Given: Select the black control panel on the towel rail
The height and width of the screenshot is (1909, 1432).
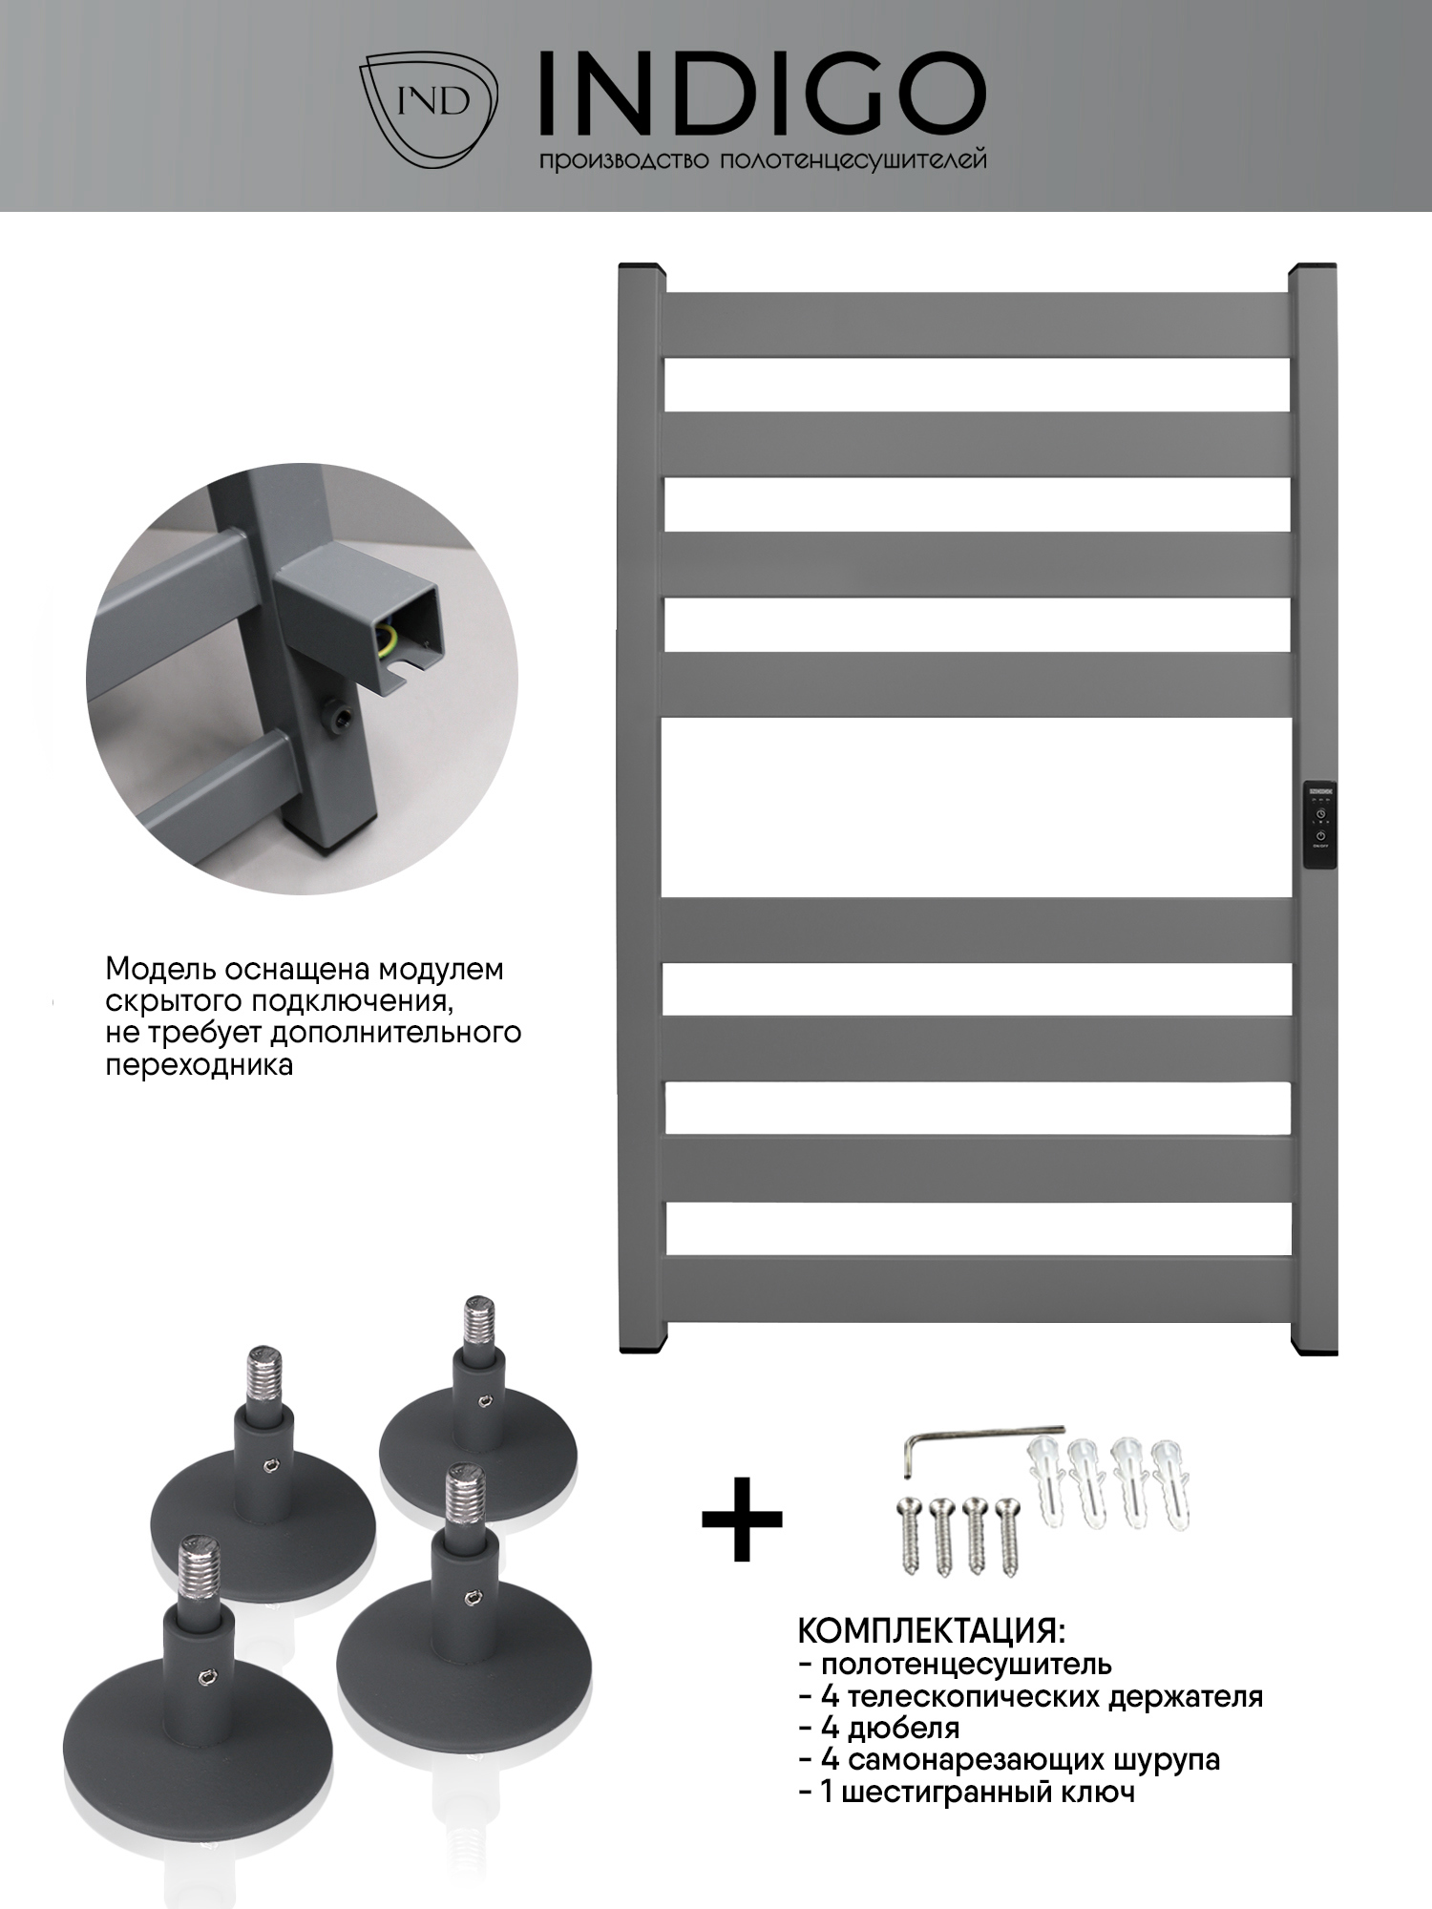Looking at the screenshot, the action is click(1318, 826).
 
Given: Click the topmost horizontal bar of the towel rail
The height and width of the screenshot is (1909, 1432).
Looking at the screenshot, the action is click(978, 325).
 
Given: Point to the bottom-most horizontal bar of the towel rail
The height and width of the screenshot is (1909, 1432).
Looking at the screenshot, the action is click(978, 1288).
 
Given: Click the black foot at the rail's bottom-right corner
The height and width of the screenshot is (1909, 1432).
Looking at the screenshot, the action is click(1315, 1348).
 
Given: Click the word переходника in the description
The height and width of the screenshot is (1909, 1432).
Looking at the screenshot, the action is click(199, 1065).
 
